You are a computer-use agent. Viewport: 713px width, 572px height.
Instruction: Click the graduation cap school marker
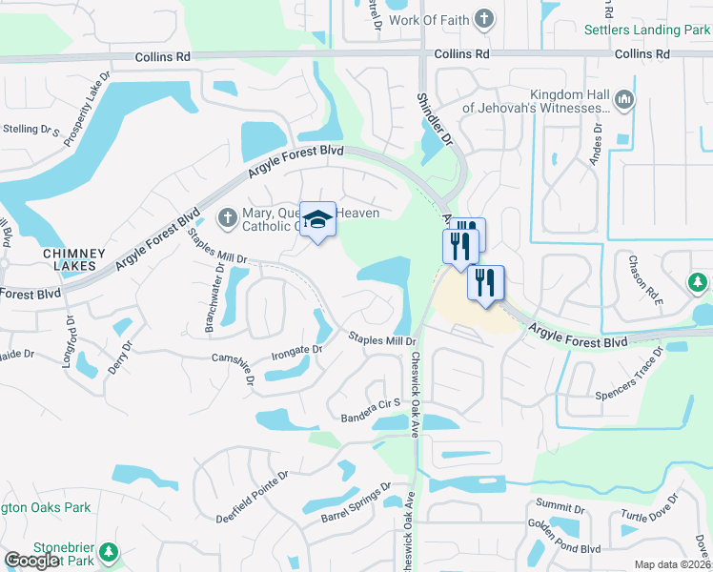point(318,221)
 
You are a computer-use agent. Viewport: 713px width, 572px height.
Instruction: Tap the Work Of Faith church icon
point(484,18)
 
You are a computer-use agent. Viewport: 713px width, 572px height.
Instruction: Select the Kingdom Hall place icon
point(624,99)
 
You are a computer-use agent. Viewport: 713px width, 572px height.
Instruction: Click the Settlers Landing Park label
point(647,29)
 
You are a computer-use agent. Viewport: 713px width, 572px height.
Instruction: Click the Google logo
point(31,561)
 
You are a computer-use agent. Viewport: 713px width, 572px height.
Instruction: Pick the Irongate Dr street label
point(298,350)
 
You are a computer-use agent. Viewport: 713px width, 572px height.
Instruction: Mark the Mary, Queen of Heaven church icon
point(227,218)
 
